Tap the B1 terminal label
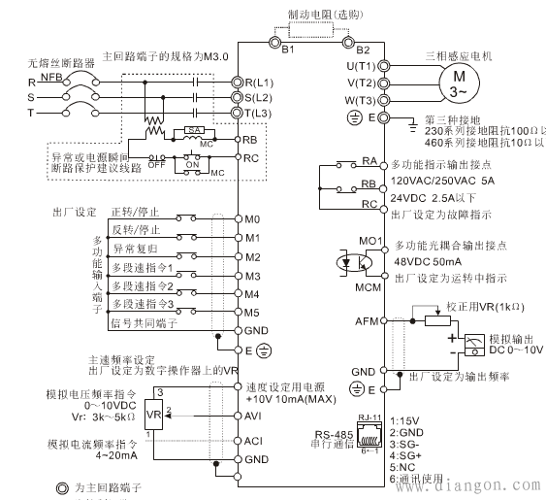(287, 49)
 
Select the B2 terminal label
(363, 49)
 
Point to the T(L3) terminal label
(260, 115)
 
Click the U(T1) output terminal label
(361, 65)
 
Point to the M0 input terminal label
(254, 219)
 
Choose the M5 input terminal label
(254, 312)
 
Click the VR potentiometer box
(151, 416)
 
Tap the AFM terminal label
(366, 319)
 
